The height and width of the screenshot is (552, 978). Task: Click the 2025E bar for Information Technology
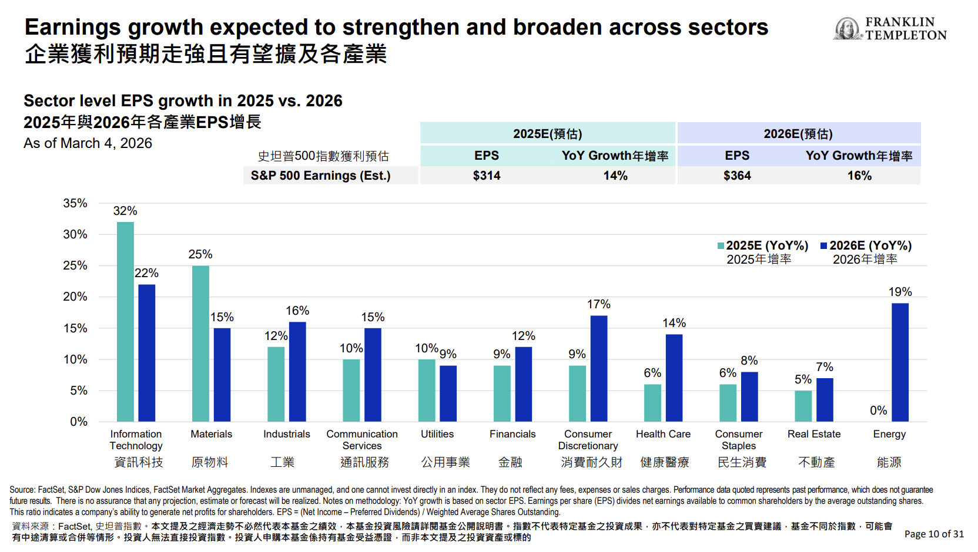click(125, 321)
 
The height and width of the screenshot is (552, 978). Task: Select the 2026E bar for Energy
click(900, 362)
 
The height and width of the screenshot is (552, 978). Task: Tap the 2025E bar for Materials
click(200, 344)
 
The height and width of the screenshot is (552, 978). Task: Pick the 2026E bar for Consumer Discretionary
click(599, 368)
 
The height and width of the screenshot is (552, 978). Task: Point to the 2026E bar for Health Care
click(674, 378)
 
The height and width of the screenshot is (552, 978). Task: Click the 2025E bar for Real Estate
click(803, 406)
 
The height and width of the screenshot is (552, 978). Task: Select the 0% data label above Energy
click(878, 410)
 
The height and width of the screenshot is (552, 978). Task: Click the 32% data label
click(125, 211)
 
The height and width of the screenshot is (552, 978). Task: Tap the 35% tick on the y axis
click(75, 203)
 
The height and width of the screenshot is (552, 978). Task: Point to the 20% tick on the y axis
click(75, 297)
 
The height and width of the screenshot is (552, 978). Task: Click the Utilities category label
click(437, 434)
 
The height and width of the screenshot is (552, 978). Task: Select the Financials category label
click(513, 434)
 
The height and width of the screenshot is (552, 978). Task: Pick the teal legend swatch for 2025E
click(721, 246)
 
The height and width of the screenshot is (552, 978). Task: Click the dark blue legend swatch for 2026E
click(824, 246)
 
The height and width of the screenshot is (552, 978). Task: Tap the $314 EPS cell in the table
click(487, 176)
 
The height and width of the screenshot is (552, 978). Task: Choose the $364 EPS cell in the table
click(737, 176)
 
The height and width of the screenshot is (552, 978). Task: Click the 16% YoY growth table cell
click(859, 176)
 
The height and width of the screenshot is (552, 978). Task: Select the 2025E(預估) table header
click(547, 134)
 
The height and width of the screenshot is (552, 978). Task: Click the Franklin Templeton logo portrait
click(847, 28)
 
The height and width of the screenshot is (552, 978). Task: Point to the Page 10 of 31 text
click(934, 534)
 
